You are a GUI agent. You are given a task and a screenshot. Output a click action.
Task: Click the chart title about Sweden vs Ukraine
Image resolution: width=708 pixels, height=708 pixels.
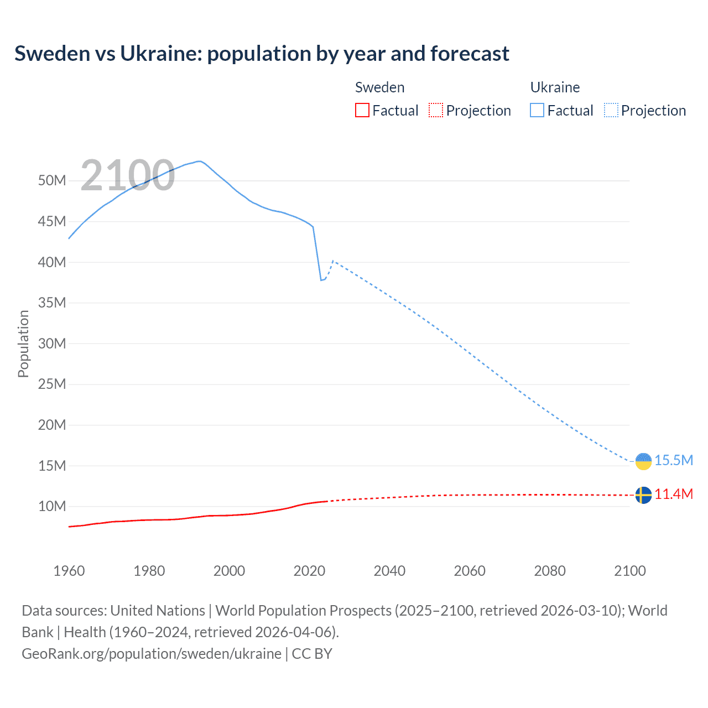point(262,54)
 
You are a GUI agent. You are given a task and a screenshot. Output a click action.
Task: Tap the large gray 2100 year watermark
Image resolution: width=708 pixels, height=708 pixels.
point(128,175)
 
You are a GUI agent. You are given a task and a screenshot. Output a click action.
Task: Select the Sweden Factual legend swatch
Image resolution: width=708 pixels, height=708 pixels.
point(362,111)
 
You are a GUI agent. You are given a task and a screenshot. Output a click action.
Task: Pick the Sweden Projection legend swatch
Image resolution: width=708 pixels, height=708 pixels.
point(436,111)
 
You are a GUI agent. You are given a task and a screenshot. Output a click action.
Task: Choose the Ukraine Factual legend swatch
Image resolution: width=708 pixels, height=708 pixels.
point(537,111)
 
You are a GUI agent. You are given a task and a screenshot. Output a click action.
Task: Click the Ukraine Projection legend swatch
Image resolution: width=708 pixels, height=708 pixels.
point(611,111)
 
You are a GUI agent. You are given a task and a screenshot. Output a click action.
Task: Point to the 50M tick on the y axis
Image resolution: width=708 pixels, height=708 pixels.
point(52,181)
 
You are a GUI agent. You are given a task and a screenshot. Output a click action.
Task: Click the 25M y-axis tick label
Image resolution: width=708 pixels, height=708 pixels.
point(52,384)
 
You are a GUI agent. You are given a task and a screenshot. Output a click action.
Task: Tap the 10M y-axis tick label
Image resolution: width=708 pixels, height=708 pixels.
point(52,507)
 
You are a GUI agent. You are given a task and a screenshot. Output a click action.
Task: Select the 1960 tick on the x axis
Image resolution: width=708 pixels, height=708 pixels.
point(69,571)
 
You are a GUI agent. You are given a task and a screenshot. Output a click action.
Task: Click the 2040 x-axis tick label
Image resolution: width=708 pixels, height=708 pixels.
point(389,571)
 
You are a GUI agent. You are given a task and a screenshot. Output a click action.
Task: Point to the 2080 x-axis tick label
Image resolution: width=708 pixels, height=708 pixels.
point(550,571)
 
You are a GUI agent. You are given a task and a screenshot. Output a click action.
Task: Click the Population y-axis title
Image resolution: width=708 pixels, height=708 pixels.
point(23,343)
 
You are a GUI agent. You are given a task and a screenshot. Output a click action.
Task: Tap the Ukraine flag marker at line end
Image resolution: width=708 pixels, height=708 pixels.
point(643,461)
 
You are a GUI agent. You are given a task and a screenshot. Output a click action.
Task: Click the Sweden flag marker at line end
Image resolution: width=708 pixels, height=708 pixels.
point(643,495)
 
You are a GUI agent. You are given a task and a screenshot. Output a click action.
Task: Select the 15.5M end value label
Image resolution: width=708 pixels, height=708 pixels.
point(674,460)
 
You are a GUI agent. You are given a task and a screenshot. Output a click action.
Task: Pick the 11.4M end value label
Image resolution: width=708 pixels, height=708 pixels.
point(674,494)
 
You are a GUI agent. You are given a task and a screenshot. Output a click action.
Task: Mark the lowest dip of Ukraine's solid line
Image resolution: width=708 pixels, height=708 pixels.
point(321,280)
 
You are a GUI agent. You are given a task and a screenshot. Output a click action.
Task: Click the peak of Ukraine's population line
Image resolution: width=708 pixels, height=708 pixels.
point(199,161)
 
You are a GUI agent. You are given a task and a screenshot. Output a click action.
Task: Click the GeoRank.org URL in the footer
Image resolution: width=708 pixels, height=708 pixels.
point(152,654)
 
